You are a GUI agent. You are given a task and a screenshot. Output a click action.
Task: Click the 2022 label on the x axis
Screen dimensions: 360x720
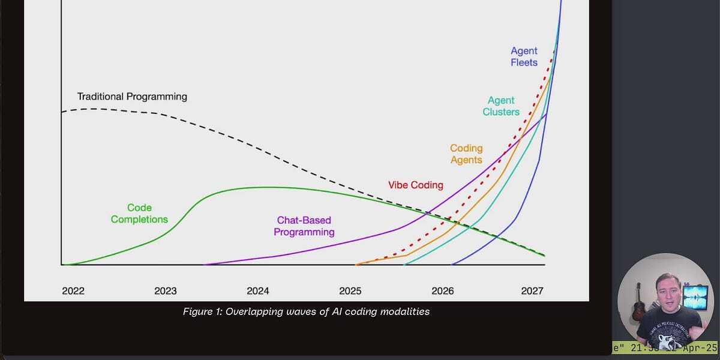click(73, 291)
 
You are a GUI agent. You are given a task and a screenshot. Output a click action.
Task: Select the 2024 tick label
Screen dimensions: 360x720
click(258, 291)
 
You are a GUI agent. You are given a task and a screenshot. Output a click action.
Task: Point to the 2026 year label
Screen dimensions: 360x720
click(443, 291)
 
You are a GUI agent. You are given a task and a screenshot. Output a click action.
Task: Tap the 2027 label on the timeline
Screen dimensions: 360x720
click(532, 291)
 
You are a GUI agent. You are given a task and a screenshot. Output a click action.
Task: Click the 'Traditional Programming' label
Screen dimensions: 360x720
click(132, 97)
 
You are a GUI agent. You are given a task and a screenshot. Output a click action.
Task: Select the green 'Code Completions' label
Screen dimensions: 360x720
click(139, 214)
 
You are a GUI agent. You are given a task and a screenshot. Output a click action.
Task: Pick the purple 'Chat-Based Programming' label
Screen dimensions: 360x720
click(304, 226)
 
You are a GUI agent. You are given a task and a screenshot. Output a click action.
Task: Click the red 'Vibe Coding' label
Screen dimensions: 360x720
click(415, 185)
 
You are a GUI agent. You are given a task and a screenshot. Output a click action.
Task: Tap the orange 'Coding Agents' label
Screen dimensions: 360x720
click(466, 154)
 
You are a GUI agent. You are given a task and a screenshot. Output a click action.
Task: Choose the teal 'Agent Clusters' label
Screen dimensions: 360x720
click(501, 106)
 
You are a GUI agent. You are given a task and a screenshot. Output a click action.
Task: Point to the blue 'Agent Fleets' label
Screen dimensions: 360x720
click(524, 56)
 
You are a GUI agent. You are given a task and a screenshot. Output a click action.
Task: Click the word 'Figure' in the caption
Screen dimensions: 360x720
click(199, 312)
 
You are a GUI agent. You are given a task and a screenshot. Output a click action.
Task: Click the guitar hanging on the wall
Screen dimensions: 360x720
click(638, 303)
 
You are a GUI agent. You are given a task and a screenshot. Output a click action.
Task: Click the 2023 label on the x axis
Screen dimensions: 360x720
click(166, 291)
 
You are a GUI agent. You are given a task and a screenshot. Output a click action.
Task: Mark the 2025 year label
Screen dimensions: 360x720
click(350, 291)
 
